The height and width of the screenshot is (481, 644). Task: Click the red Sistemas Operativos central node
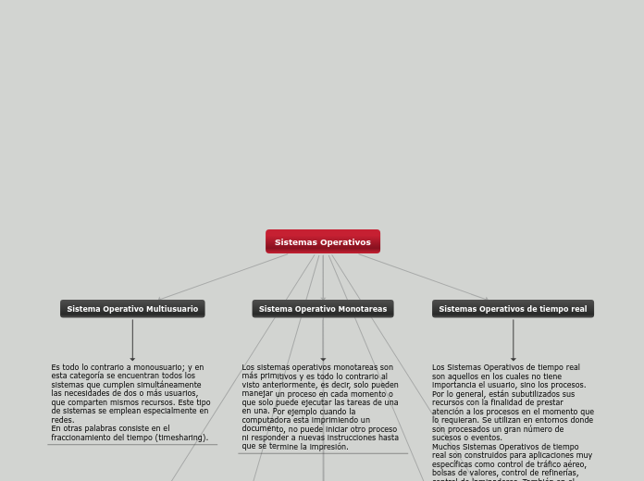(x=322, y=241)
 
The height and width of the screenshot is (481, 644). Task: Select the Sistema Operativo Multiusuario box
(x=132, y=309)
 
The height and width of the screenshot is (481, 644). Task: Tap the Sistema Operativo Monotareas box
(x=323, y=309)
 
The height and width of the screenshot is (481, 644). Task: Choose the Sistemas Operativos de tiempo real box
(x=513, y=309)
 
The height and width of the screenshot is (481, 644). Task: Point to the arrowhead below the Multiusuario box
(x=132, y=358)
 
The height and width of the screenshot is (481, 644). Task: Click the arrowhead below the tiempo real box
(x=514, y=358)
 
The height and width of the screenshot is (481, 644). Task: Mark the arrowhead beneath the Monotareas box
(x=323, y=358)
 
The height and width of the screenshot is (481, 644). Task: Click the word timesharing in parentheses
(x=180, y=438)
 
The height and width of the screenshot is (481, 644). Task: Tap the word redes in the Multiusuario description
(x=62, y=420)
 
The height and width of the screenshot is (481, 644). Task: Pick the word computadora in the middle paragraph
(x=267, y=420)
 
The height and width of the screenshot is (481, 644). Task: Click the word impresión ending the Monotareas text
(x=329, y=447)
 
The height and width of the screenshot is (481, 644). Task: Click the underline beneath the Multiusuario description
(x=132, y=445)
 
